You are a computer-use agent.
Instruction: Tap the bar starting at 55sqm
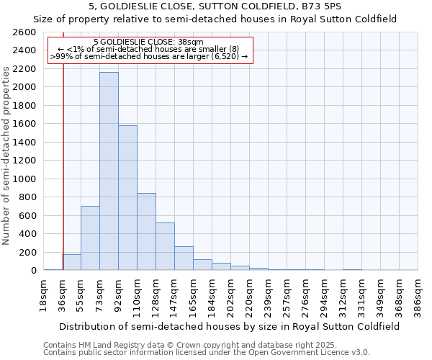(90, 238)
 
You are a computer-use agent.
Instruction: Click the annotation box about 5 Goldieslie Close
(150, 49)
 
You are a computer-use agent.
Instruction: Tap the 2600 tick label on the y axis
(24, 32)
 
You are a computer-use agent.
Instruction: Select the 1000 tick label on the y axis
(24, 179)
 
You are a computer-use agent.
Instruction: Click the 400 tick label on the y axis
(27, 234)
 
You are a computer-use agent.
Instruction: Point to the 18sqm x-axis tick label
(43, 293)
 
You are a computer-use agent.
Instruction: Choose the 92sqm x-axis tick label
(118, 293)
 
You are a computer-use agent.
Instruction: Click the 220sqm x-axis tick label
(249, 294)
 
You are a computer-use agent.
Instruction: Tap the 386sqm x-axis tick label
(418, 294)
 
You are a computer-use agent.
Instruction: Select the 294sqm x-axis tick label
(324, 294)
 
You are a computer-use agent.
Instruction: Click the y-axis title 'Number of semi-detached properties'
(6, 155)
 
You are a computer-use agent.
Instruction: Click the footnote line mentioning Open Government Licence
(206, 353)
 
